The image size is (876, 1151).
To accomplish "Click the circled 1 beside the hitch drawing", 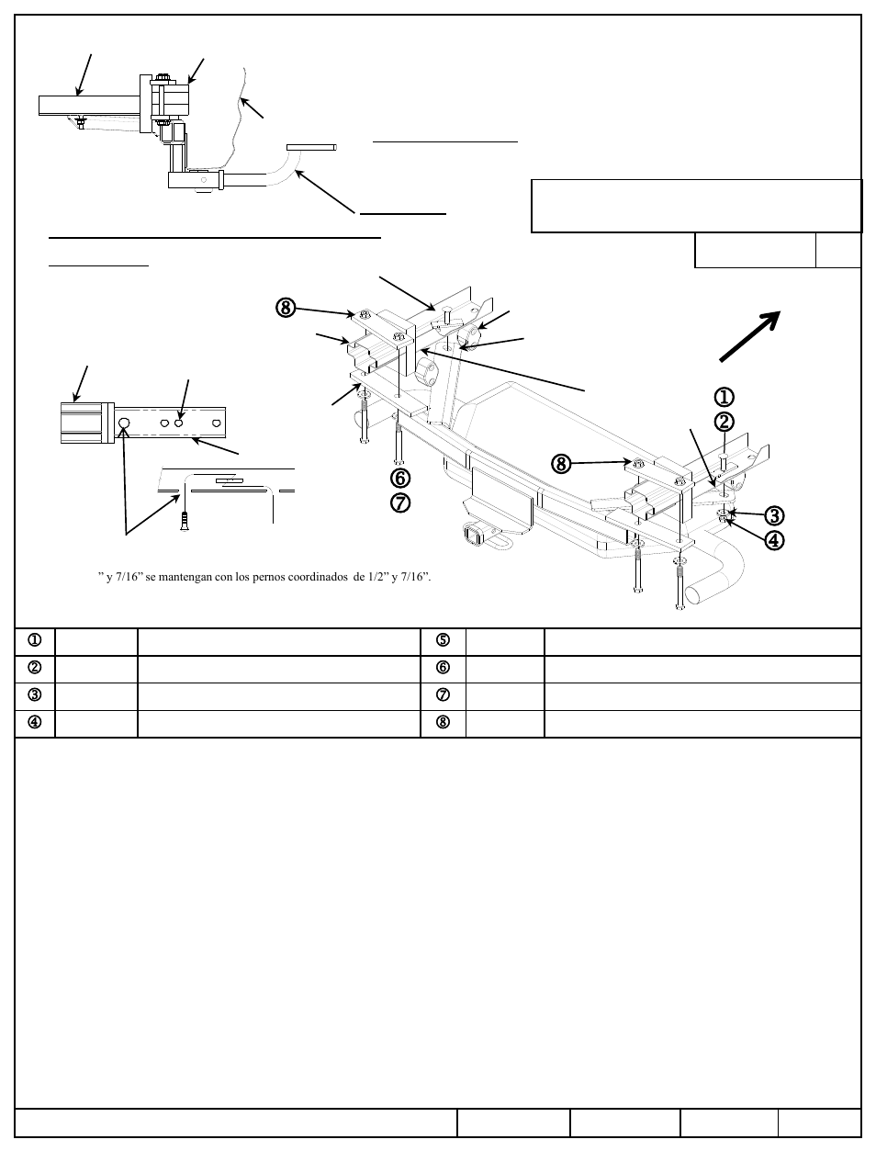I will click(724, 397).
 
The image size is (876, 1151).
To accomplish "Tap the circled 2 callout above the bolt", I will click(724, 422).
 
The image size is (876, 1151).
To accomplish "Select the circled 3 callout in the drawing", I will click(774, 515).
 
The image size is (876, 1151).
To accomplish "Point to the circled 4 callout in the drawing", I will click(774, 540).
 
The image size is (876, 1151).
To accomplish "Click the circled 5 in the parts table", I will click(443, 640).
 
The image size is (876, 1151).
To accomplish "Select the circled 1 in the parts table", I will click(35, 640).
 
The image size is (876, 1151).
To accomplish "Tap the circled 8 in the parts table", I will click(443, 722).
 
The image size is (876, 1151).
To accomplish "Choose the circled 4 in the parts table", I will click(35, 722).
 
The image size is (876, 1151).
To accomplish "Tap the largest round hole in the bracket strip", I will click(125, 423).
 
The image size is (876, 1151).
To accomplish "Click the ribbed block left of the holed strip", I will click(84, 423).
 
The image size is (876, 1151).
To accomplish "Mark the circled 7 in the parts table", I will click(443, 695).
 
